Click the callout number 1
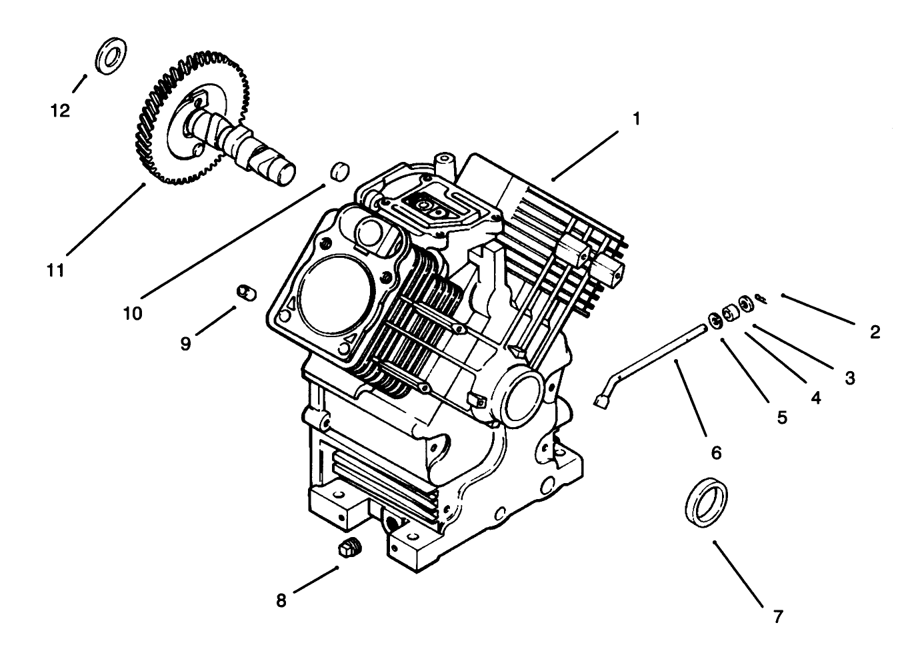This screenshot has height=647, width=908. tap(635, 119)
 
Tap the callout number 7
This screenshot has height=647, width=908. tap(777, 616)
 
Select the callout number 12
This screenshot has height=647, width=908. tap(60, 111)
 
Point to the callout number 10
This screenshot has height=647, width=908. tap(133, 313)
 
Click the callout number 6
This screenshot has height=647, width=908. tap(716, 453)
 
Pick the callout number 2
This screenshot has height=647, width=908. tap(875, 332)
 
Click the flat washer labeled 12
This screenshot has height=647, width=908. tap(112, 57)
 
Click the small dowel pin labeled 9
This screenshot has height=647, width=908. tap(247, 293)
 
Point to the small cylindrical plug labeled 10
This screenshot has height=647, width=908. tap(340, 171)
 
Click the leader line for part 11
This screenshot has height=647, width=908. tap(105, 219)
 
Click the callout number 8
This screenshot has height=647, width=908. tap(281, 600)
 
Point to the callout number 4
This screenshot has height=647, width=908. tap(815, 398)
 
